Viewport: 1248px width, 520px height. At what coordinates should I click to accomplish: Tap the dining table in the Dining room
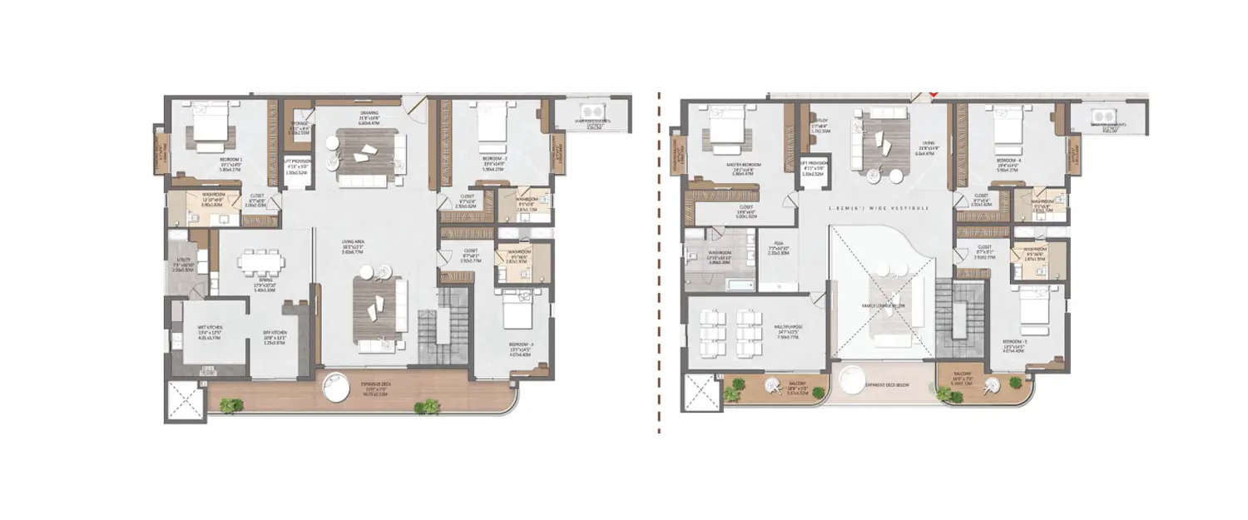pos(261,260)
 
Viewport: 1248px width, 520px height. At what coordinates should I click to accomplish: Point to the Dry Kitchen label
pos(274,338)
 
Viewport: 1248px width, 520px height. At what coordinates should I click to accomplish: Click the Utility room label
pos(183,265)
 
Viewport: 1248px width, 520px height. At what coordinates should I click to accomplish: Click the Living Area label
pos(355,245)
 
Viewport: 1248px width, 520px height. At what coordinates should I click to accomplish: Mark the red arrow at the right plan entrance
pos(934,96)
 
